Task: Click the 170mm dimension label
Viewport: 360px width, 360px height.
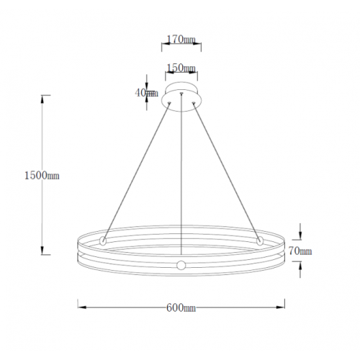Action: pyautogui.click(x=181, y=40)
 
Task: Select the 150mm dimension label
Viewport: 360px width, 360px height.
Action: pyautogui.click(x=181, y=68)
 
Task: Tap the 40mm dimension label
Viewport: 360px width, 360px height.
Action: pyautogui.click(x=146, y=93)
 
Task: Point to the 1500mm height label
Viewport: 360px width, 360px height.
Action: pyautogui.click(x=42, y=176)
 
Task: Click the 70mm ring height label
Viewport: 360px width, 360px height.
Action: pyautogui.click(x=300, y=251)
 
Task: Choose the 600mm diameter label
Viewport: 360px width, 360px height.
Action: pyautogui.click(x=181, y=307)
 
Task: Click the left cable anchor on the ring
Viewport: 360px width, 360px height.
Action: pyautogui.click(x=103, y=240)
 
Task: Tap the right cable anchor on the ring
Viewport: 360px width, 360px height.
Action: pyautogui.click(x=260, y=240)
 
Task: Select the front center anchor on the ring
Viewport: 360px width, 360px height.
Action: pyautogui.click(x=181, y=265)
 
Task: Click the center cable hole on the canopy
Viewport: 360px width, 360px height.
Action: pyautogui.click(x=181, y=93)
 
